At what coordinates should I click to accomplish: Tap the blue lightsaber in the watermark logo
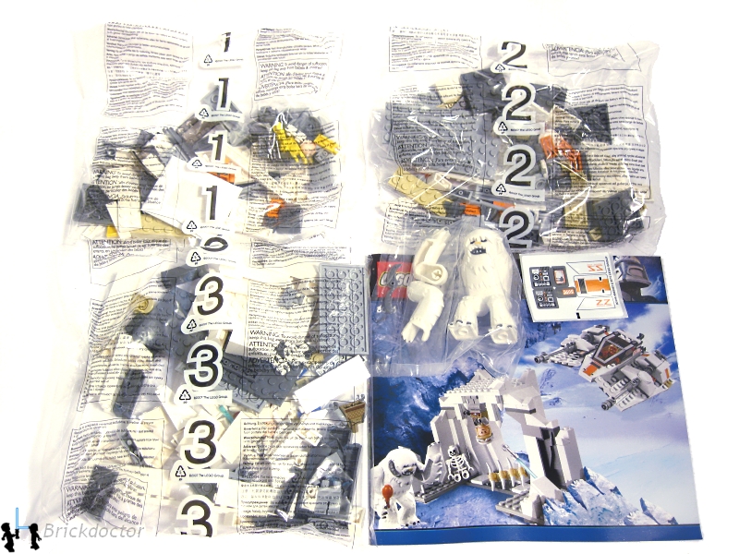point(19,523)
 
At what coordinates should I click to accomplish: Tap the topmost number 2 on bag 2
point(515,57)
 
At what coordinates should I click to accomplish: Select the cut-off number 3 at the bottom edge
point(199,521)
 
